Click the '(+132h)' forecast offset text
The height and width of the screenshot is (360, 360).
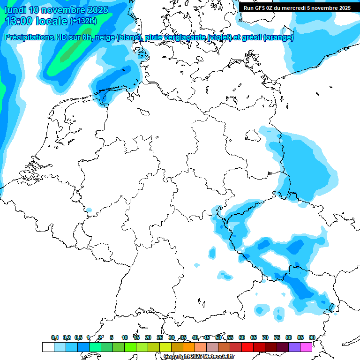(x=83, y=21)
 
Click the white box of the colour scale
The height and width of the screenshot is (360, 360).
(x=48, y=347)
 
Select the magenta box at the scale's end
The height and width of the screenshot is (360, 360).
(x=306, y=347)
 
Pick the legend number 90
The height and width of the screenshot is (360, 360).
(x=312, y=337)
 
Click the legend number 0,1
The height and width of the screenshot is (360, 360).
(x=55, y=337)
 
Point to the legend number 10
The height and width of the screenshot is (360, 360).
(x=124, y=337)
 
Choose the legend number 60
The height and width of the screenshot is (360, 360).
(x=241, y=337)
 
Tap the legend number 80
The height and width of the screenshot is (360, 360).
(x=288, y=337)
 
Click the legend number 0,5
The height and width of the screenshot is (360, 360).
(x=78, y=337)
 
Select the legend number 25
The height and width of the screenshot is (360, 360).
(x=159, y=337)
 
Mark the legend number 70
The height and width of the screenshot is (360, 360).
(x=265, y=337)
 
